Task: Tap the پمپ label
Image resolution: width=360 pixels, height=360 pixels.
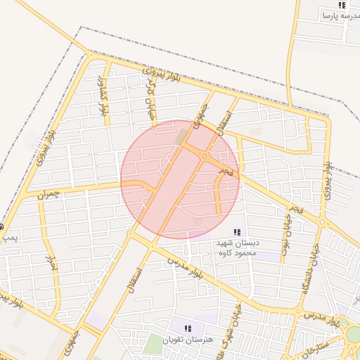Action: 9,239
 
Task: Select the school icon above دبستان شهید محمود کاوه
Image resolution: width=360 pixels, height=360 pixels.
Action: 238,232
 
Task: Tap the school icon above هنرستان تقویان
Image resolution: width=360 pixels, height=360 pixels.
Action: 188,328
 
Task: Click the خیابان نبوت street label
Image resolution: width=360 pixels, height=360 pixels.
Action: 286,236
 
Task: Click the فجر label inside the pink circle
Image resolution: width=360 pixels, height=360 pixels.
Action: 224,171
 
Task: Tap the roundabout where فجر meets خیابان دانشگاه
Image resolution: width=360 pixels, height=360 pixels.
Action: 322,222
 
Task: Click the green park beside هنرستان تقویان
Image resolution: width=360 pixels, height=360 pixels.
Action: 153,345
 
